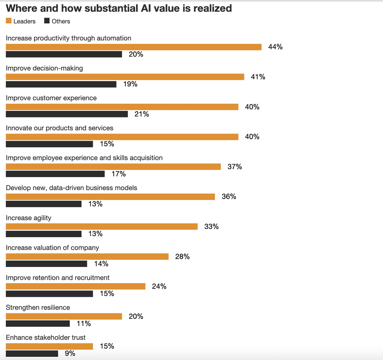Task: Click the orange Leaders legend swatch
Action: pyautogui.click(x=9, y=21)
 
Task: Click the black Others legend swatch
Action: pyautogui.click(x=47, y=21)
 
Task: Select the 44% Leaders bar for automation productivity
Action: pyautogui.click(x=134, y=47)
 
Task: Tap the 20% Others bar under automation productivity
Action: pyautogui.click(x=64, y=54)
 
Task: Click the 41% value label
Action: pyautogui.click(x=258, y=77)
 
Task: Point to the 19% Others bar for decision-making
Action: pyautogui.click(x=61, y=84)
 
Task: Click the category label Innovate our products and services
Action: pyautogui.click(x=59, y=128)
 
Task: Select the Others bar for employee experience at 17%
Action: pyautogui.click(x=55, y=174)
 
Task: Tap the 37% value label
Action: pyautogui.click(x=234, y=167)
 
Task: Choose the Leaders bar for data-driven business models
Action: pyautogui.click(x=110, y=197)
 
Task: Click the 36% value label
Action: pyautogui.click(x=229, y=197)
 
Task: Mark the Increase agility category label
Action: pyautogui.click(x=28, y=218)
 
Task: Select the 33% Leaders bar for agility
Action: pyautogui.click(x=101, y=226)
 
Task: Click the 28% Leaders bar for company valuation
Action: pyautogui.click(x=87, y=256)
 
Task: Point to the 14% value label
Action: pyautogui.click(x=101, y=264)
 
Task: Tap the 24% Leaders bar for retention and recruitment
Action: pyautogui.click(x=75, y=286)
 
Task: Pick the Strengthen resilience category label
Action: pyautogui.click(x=38, y=308)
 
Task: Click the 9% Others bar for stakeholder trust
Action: pyautogui.click(x=32, y=353)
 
